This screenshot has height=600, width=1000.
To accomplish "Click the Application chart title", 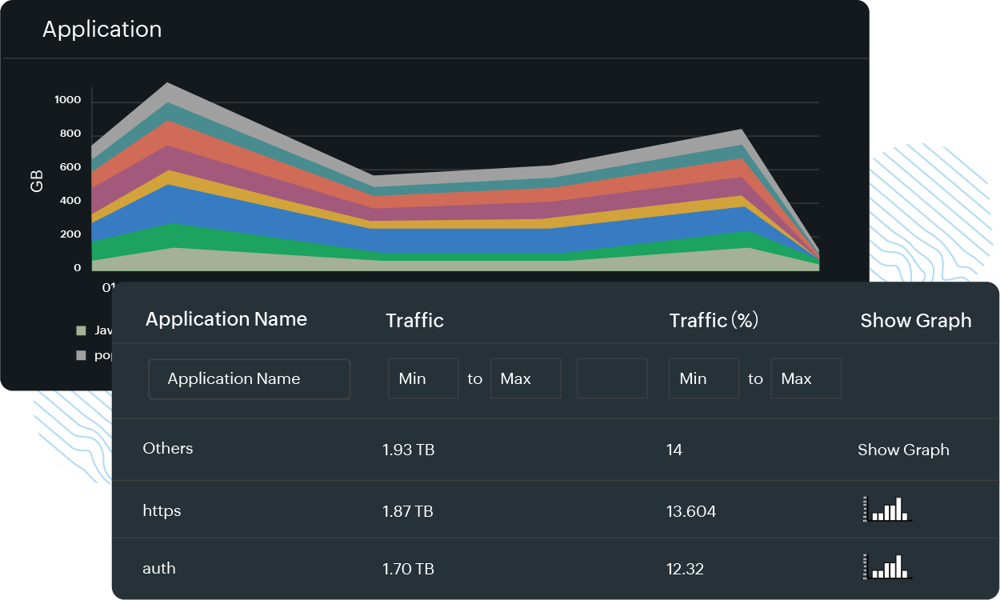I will point(102,30).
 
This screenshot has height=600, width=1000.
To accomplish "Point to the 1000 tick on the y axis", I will point(68,100).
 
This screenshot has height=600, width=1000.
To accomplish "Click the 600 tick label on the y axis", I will point(70,167).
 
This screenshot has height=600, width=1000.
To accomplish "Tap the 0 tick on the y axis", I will point(78,268).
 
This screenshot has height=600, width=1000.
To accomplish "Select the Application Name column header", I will point(226,319).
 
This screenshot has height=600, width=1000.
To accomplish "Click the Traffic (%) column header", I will point(714,321).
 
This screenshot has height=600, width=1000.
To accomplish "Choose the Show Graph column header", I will point(916,321).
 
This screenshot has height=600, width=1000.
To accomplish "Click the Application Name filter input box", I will point(250,379).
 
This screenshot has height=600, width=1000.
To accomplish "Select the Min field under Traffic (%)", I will point(704,379).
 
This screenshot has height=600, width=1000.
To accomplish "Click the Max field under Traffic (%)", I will point(806,379).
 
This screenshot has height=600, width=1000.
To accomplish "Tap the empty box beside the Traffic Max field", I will point(612,379).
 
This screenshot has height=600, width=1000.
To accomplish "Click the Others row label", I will point(168,448).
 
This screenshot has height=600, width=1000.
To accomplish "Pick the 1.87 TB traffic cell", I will point(408,511).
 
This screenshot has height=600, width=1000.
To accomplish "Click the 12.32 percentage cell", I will point(685,569).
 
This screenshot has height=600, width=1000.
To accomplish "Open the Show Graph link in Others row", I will point(903,450).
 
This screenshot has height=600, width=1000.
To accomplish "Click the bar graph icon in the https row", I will point(888,509).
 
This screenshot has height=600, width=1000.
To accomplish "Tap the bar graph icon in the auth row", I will point(888,566).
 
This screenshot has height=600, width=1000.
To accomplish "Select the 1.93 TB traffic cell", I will point(409,450).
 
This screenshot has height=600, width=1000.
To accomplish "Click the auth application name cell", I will point(159,569).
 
